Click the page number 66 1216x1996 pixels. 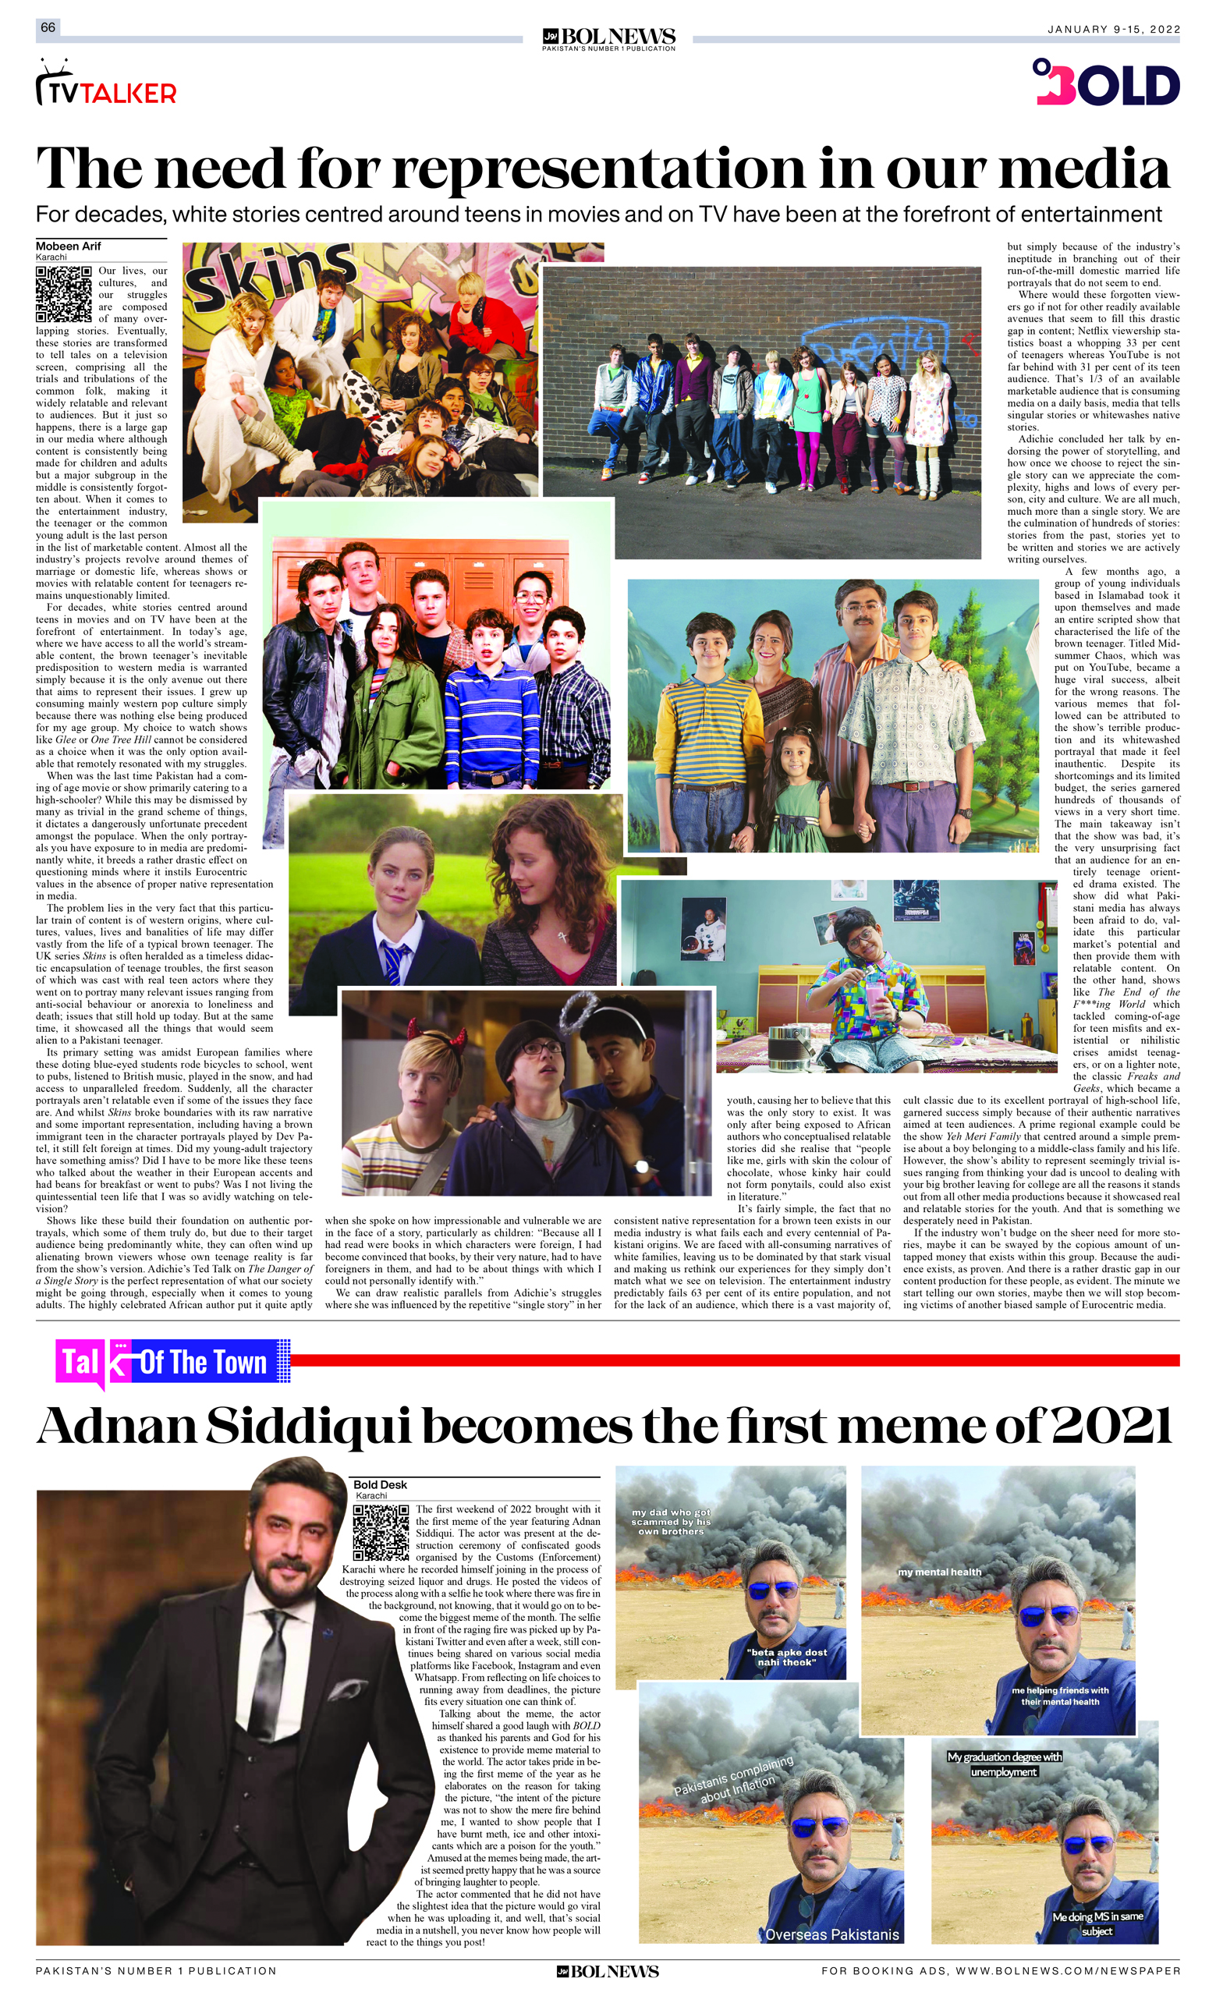tap(48, 27)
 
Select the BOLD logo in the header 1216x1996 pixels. tap(1107, 83)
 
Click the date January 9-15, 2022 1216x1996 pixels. tap(1114, 29)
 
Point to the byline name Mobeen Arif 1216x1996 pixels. tap(68, 246)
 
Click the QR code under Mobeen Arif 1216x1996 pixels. tap(63, 293)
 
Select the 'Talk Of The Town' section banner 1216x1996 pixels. tap(172, 1363)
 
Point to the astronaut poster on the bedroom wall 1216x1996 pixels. tap(701, 928)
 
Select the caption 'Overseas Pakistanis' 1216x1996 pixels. tap(832, 1934)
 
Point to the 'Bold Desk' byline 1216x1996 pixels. tap(380, 1485)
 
